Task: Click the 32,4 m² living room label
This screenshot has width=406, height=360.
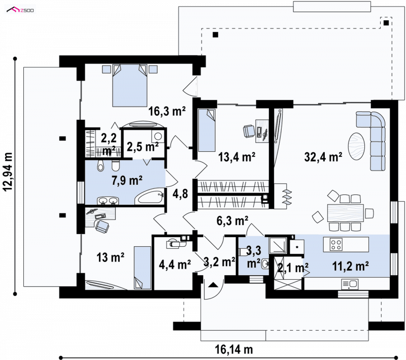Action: click(323, 157)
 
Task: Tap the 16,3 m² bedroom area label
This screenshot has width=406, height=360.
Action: click(167, 111)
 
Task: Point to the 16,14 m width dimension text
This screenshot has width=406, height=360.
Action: click(234, 350)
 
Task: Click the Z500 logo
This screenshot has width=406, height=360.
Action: click(20, 10)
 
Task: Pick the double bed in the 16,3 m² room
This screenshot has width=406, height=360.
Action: click(130, 85)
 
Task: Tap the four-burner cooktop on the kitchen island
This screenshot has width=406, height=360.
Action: click(336, 244)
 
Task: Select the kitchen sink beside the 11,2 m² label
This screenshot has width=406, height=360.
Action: click(350, 284)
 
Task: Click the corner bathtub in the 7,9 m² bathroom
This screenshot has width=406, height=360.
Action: click(150, 197)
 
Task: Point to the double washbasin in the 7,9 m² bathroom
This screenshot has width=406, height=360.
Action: click(108, 201)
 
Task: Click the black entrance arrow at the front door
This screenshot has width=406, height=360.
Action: click(213, 285)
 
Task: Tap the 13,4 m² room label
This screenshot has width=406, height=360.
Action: click(237, 157)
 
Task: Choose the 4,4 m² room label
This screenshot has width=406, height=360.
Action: click(175, 265)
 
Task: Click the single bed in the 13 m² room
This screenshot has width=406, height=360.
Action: click(142, 268)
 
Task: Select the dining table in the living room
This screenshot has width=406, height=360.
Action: click(346, 213)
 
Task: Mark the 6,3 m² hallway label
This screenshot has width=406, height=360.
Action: click(232, 221)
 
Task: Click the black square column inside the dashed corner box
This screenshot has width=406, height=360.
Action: click(386, 23)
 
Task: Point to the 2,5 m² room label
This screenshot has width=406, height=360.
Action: click(143, 147)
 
